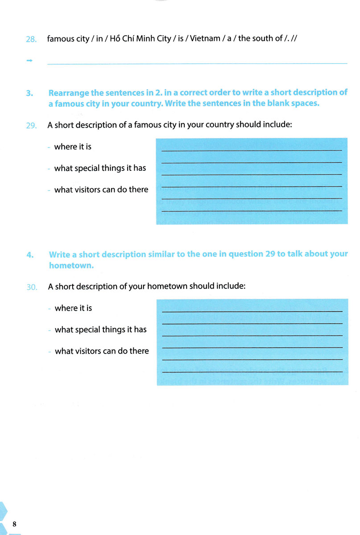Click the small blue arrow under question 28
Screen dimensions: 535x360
coord(30,61)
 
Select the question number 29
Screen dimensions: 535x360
coord(31,126)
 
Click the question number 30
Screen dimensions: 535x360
coord(31,287)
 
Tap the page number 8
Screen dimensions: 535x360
coord(15,523)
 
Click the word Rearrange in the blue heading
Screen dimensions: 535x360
coord(70,93)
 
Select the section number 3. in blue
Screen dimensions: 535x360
coord(29,93)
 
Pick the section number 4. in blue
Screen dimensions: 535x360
coord(29,255)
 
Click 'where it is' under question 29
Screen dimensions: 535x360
coord(73,147)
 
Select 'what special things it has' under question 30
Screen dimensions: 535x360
coord(100,329)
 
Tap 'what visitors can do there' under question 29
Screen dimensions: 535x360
coord(101,190)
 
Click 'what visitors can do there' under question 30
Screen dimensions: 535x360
coord(102,351)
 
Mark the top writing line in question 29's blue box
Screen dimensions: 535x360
coord(251,150)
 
